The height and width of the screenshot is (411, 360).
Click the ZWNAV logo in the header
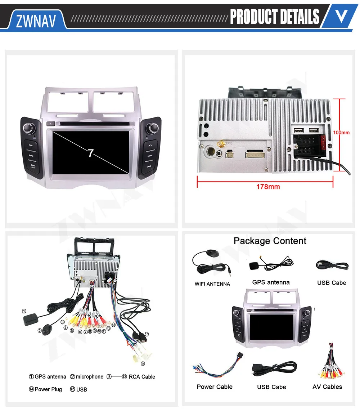[x=36, y=21]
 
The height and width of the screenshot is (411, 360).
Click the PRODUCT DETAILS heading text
[x=274, y=17]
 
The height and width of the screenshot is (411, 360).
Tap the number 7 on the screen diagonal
[x=91, y=153]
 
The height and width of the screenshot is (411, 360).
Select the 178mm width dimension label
[x=268, y=187]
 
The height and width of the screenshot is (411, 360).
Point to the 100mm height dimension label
[x=341, y=133]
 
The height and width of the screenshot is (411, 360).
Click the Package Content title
[x=270, y=241]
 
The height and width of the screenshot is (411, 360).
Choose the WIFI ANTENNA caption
[x=212, y=284]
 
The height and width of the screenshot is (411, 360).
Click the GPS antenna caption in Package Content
[x=271, y=282]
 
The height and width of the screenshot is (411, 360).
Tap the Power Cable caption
[x=215, y=387]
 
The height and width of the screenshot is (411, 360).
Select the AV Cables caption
[x=327, y=387]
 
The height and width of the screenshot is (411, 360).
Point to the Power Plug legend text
[x=48, y=389]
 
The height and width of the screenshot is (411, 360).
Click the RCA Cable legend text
[x=142, y=377]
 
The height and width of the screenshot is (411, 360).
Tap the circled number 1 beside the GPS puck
[x=24, y=311]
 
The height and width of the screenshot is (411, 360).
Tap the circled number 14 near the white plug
[x=143, y=364]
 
